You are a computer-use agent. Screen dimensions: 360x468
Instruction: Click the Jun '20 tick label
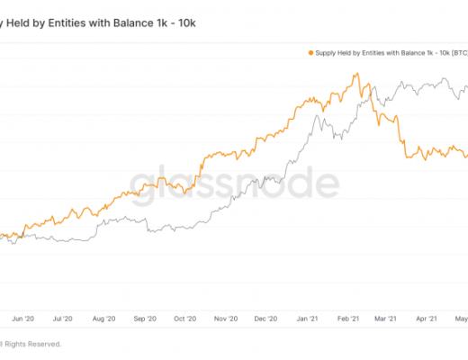pyautogui.click(x=23, y=318)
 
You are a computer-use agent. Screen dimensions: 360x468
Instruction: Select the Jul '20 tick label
pyautogui.click(x=63, y=318)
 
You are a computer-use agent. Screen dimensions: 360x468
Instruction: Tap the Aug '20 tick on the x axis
pyautogui.click(x=104, y=318)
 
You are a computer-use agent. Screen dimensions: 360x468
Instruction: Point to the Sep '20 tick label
pyautogui.click(x=146, y=318)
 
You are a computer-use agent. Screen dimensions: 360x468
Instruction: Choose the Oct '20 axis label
pyautogui.click(x=185, y=318)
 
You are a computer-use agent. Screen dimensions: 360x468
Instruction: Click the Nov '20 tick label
pyautogui.click(x=226, y=318)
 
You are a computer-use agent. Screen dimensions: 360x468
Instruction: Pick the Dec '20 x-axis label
pyautogui.click(x=266, y=318)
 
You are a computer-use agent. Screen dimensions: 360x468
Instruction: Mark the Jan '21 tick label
pyautogui.click(x=308, y=318)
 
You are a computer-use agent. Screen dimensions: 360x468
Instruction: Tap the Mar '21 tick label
pyautogui.click(x=386, y=318)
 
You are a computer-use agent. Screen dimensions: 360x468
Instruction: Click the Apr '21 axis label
pyautogui.click(x=427, y=318)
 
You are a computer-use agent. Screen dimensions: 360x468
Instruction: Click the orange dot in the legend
pyautogui.click(x=310, y=53)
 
